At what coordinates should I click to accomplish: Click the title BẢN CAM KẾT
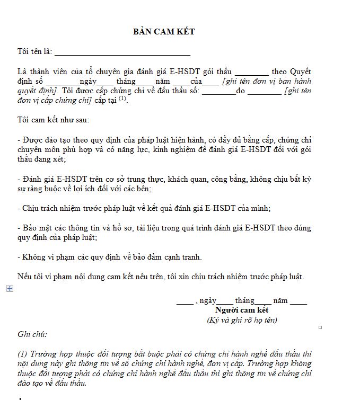pyautogui.click(x=164, y=32)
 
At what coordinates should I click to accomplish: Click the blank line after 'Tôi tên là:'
pyautogui.click(x=122, y=52)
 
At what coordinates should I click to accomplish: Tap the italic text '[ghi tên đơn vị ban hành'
pyautogui.click(x=267, y=82)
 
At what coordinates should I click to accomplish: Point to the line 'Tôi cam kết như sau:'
pyautogui.click(x=53, y=120)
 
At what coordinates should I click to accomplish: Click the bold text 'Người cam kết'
pyautogui.click(x=242, y=310)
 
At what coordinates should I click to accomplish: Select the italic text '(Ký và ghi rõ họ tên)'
pyautogui.click(x=242, y=320)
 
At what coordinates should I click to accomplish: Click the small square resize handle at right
pyautogui.click(x=320, y=327)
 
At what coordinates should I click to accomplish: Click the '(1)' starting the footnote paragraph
pyautogui.click(x=22, y=354)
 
